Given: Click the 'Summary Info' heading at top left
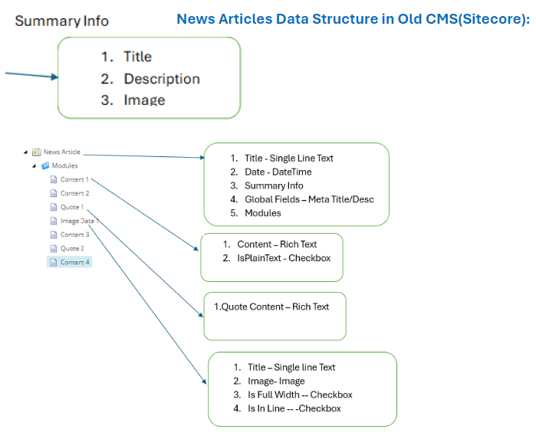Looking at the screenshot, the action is tap(62, 21).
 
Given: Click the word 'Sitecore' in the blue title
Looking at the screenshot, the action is tap(491, 19).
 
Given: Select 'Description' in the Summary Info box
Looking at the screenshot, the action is tap(162, 79).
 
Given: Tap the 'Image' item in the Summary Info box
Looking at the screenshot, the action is tap(144, 100).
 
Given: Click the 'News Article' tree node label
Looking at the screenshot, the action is tap(62, 152).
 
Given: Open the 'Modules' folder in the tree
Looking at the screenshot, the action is tap(64, 166).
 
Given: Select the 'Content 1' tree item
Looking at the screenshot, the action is tap(74, 179).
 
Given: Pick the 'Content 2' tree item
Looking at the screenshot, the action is tap(75, 193).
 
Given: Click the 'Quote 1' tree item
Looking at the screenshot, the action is tap(72, 207).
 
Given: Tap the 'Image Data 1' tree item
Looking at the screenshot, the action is tap(80, 221).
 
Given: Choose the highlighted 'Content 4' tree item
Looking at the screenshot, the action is tap(75, 262).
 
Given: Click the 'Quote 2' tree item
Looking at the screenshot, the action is tap(72, 248).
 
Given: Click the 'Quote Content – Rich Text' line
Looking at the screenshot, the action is tap(271, 307).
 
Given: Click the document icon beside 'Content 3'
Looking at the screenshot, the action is tap(54, 234).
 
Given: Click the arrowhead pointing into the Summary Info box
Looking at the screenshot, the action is tap(55, 77).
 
